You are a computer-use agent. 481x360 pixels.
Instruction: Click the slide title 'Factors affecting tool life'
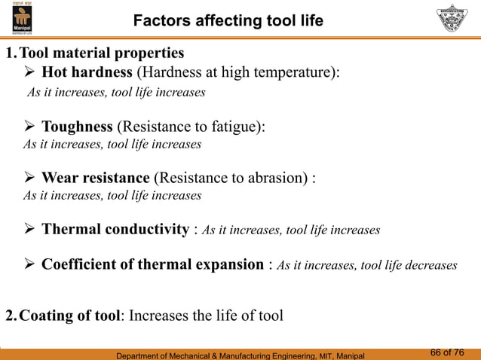click(x=228, y=21)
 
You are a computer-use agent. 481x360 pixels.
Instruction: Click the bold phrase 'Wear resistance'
click(x=95, y=178)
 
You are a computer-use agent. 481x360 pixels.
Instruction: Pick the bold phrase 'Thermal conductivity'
click(x=114, y=229)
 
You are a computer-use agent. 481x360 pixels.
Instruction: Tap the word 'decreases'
click(x=430, y=265)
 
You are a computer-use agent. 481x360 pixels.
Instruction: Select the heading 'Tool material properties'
click(x=101, y=53)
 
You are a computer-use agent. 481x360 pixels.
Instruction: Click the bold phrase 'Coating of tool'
click(x=69, y=315)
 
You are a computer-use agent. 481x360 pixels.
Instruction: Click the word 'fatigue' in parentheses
click(x=234, y=126)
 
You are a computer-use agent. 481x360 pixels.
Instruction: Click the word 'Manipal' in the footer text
click(x=346, y=354)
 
